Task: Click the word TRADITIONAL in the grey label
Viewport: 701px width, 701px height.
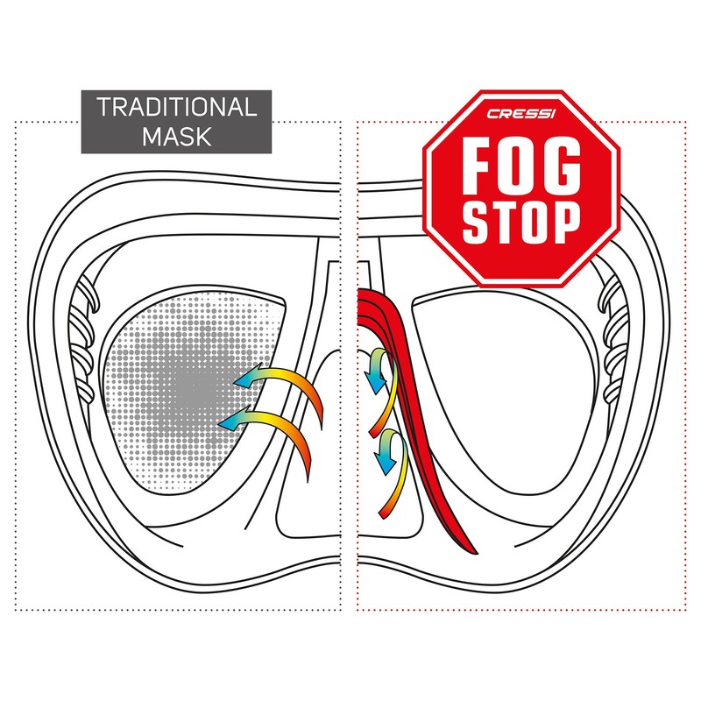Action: (x=176, y=108)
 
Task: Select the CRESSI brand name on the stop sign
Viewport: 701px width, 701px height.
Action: (x=521, y=113)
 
